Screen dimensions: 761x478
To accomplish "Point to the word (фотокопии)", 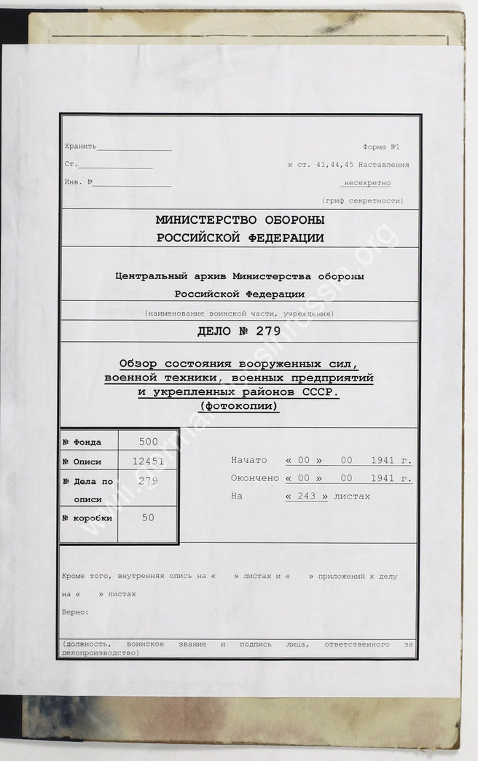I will (239, 407).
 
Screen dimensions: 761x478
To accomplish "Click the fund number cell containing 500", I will (148, 442).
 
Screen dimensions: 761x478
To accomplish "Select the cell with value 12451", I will (148, 461).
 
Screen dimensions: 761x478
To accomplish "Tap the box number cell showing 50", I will (148, 517).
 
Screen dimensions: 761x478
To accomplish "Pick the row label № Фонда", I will (82, 442).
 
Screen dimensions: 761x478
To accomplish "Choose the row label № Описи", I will (82, 462).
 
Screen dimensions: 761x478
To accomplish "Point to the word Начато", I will (249, 461).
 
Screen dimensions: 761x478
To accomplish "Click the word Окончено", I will (254, 479).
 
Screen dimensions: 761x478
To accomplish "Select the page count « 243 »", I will (307, 496).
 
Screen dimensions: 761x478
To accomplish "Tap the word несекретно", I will (367, 183).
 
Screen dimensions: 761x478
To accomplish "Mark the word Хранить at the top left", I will (80, 147).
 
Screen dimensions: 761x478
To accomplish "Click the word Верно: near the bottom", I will (76, 612).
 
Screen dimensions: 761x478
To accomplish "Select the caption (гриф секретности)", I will (362, 200).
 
